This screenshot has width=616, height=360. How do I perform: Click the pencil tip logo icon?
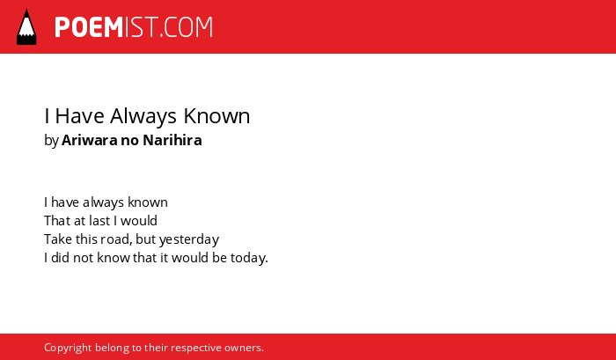pos(26,27)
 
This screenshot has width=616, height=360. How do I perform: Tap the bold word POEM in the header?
pos(89,27)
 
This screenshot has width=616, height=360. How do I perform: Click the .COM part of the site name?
pos(187,27)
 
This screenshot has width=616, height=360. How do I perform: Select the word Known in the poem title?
pos(216,116)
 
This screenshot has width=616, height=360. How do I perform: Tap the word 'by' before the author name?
pos(51,141)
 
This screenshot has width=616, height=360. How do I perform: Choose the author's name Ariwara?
pos(89,140)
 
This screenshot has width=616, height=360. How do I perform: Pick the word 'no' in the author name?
pos(129,142)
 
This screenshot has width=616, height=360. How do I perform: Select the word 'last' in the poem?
pos(99,221)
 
